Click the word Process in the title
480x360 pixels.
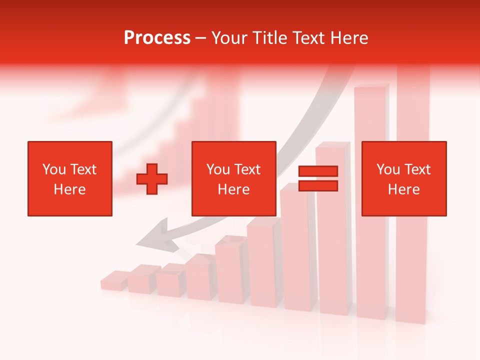tap(157, 38)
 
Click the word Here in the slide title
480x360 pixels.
tap(348, 38)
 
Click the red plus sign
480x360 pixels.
tap(152, 179)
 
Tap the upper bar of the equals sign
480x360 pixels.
tap(318, 171)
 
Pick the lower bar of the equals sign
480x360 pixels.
tap(318, 186)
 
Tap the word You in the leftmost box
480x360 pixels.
tap(54, 169)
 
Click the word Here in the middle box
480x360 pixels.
tap(233, 189)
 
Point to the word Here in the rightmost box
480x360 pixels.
tap(403, 189)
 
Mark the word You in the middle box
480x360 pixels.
tap(218, 169)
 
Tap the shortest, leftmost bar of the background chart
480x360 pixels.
tap(113, 280)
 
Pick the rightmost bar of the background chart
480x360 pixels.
tap(412, 200)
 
